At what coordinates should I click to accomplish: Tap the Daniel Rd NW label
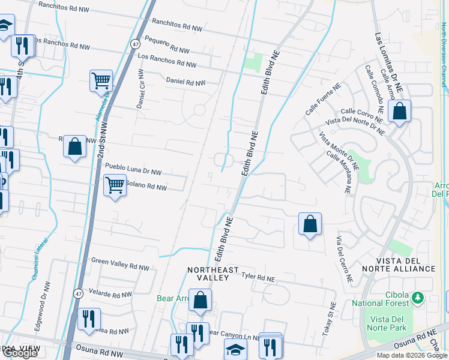tap(185, 82)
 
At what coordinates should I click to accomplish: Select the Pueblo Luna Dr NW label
tap(133, 169)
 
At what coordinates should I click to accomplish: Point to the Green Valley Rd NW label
tap(119, 263)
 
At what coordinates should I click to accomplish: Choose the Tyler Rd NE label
tap(258, 278)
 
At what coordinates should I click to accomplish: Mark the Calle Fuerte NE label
tap(321, 103)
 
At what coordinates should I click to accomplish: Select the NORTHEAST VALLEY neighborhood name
tap(212, 274)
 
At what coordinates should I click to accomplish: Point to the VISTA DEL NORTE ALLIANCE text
tap(405, 268)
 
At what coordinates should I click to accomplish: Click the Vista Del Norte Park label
tap(388, 323)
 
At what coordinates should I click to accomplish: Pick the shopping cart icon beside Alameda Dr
tap(101, 80)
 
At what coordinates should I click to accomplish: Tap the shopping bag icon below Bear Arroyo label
tap(200, 300)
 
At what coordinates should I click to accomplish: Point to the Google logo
tap(20, 353)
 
